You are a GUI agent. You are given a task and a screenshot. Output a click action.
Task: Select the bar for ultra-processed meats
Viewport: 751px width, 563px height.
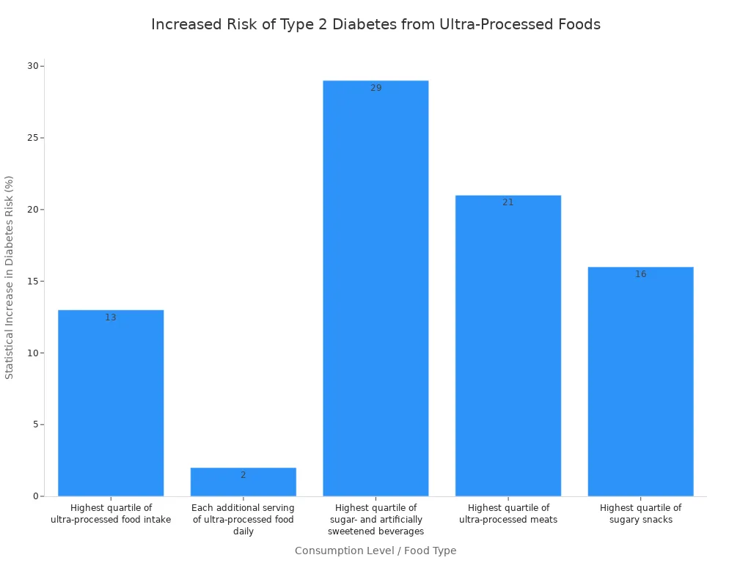click(508, 345)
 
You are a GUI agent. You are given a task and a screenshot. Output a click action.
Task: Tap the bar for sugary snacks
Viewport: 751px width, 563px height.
click(640, 381)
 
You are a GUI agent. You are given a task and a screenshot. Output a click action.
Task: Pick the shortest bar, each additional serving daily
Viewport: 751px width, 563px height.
click(243, 482)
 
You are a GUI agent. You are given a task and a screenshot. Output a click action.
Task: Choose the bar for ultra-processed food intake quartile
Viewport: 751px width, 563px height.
click(111, 403)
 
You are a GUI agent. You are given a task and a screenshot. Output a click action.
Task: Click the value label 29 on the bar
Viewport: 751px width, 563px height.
click(375, 88)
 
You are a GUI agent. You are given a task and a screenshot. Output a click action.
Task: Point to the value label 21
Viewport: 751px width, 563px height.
click(508, 202)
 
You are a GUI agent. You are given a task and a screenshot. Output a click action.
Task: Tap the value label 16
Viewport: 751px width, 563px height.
click(640, 274)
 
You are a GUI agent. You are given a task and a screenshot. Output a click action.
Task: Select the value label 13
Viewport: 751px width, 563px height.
click(111, 317)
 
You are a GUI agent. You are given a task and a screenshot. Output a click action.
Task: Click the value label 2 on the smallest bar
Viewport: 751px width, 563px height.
click(243, 475)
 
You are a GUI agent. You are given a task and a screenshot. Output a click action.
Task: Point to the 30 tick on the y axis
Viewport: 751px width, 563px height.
click(33, 66)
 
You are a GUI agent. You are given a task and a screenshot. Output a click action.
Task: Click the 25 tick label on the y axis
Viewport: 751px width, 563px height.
click(33, 138)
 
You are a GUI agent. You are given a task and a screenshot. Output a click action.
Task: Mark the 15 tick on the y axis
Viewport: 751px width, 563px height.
click(33, 281)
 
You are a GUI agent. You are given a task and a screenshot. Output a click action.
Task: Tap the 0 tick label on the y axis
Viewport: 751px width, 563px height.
click(35, 496)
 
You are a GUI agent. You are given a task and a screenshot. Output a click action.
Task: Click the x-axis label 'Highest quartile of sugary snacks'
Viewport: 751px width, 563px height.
click(640, 514)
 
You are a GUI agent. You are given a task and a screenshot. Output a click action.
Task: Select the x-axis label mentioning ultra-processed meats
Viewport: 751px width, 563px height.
click(508, 514)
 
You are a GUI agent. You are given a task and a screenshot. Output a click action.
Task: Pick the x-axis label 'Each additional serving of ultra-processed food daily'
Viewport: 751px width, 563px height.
click(243, 519)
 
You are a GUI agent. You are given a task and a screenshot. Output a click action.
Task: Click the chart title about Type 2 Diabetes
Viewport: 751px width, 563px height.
click(375, 25)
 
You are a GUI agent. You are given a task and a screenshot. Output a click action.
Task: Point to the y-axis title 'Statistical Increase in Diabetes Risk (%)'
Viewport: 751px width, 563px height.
click(10, 277)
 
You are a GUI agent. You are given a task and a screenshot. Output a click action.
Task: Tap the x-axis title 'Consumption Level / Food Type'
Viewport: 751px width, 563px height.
click(375, 551)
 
